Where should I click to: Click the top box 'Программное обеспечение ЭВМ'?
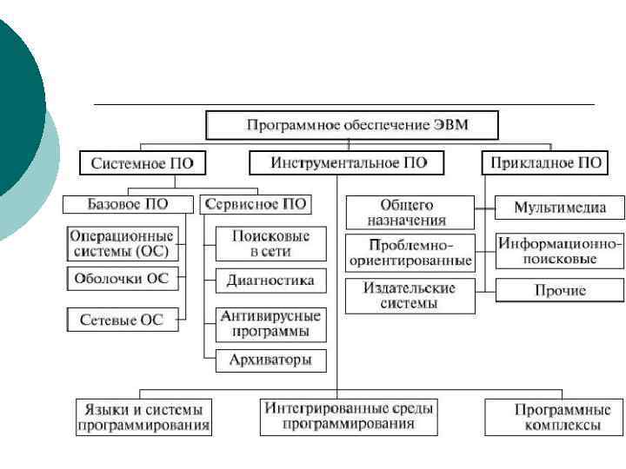[352, 125]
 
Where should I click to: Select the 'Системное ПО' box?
[137, 162]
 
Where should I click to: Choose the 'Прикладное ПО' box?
[545, 162]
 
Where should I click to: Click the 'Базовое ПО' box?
[128, 204]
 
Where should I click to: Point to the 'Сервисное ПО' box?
[254, 204]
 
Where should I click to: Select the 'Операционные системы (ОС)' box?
[122, 243]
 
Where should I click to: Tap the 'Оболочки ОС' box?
[123, 279]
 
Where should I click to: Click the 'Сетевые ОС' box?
[122, 319]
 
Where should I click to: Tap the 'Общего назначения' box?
[410, 213]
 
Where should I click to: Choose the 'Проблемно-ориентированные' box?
[410, 252]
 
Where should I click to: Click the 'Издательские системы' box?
[410, 295]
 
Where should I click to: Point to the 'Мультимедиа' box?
[559, 208]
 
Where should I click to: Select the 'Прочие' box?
[559, 290]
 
